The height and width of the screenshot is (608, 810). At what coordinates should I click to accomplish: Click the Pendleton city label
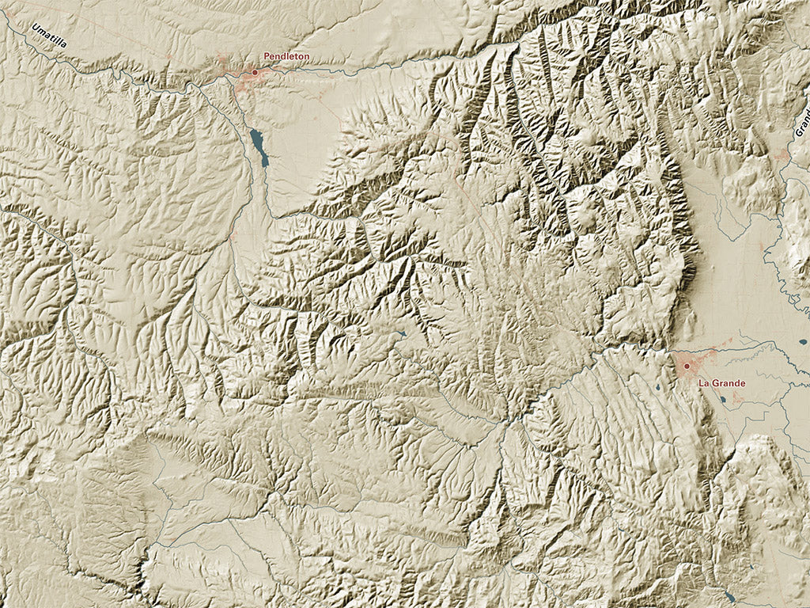tap(286, 57)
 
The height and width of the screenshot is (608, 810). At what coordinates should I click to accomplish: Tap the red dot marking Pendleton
tap(255, 72)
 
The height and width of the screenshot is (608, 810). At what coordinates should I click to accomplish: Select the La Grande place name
tap(721, 383)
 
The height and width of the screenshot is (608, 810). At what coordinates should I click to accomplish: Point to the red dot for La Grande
tap(687, 366)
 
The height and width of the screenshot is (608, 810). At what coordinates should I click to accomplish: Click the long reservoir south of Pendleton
tap(259, 147)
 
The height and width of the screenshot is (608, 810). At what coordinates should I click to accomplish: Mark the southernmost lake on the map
tap(728, 595)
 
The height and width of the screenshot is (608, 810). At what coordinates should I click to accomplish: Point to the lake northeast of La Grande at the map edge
tap(803, 343)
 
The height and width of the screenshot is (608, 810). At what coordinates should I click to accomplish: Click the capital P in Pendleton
tap(267, 57)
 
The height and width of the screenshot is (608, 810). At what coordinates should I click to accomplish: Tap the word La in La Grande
tap(702, 383)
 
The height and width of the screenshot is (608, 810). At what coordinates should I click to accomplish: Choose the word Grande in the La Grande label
tap(729, 383)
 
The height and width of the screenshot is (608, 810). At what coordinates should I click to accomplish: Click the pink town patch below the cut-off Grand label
tap(783, 156)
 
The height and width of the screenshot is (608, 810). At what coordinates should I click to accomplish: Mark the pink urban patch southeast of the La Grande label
tap(739, 398)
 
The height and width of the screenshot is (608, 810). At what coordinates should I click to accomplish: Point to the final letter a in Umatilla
tap(64, 46)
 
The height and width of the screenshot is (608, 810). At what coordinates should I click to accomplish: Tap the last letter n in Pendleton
tap(306, 57)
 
